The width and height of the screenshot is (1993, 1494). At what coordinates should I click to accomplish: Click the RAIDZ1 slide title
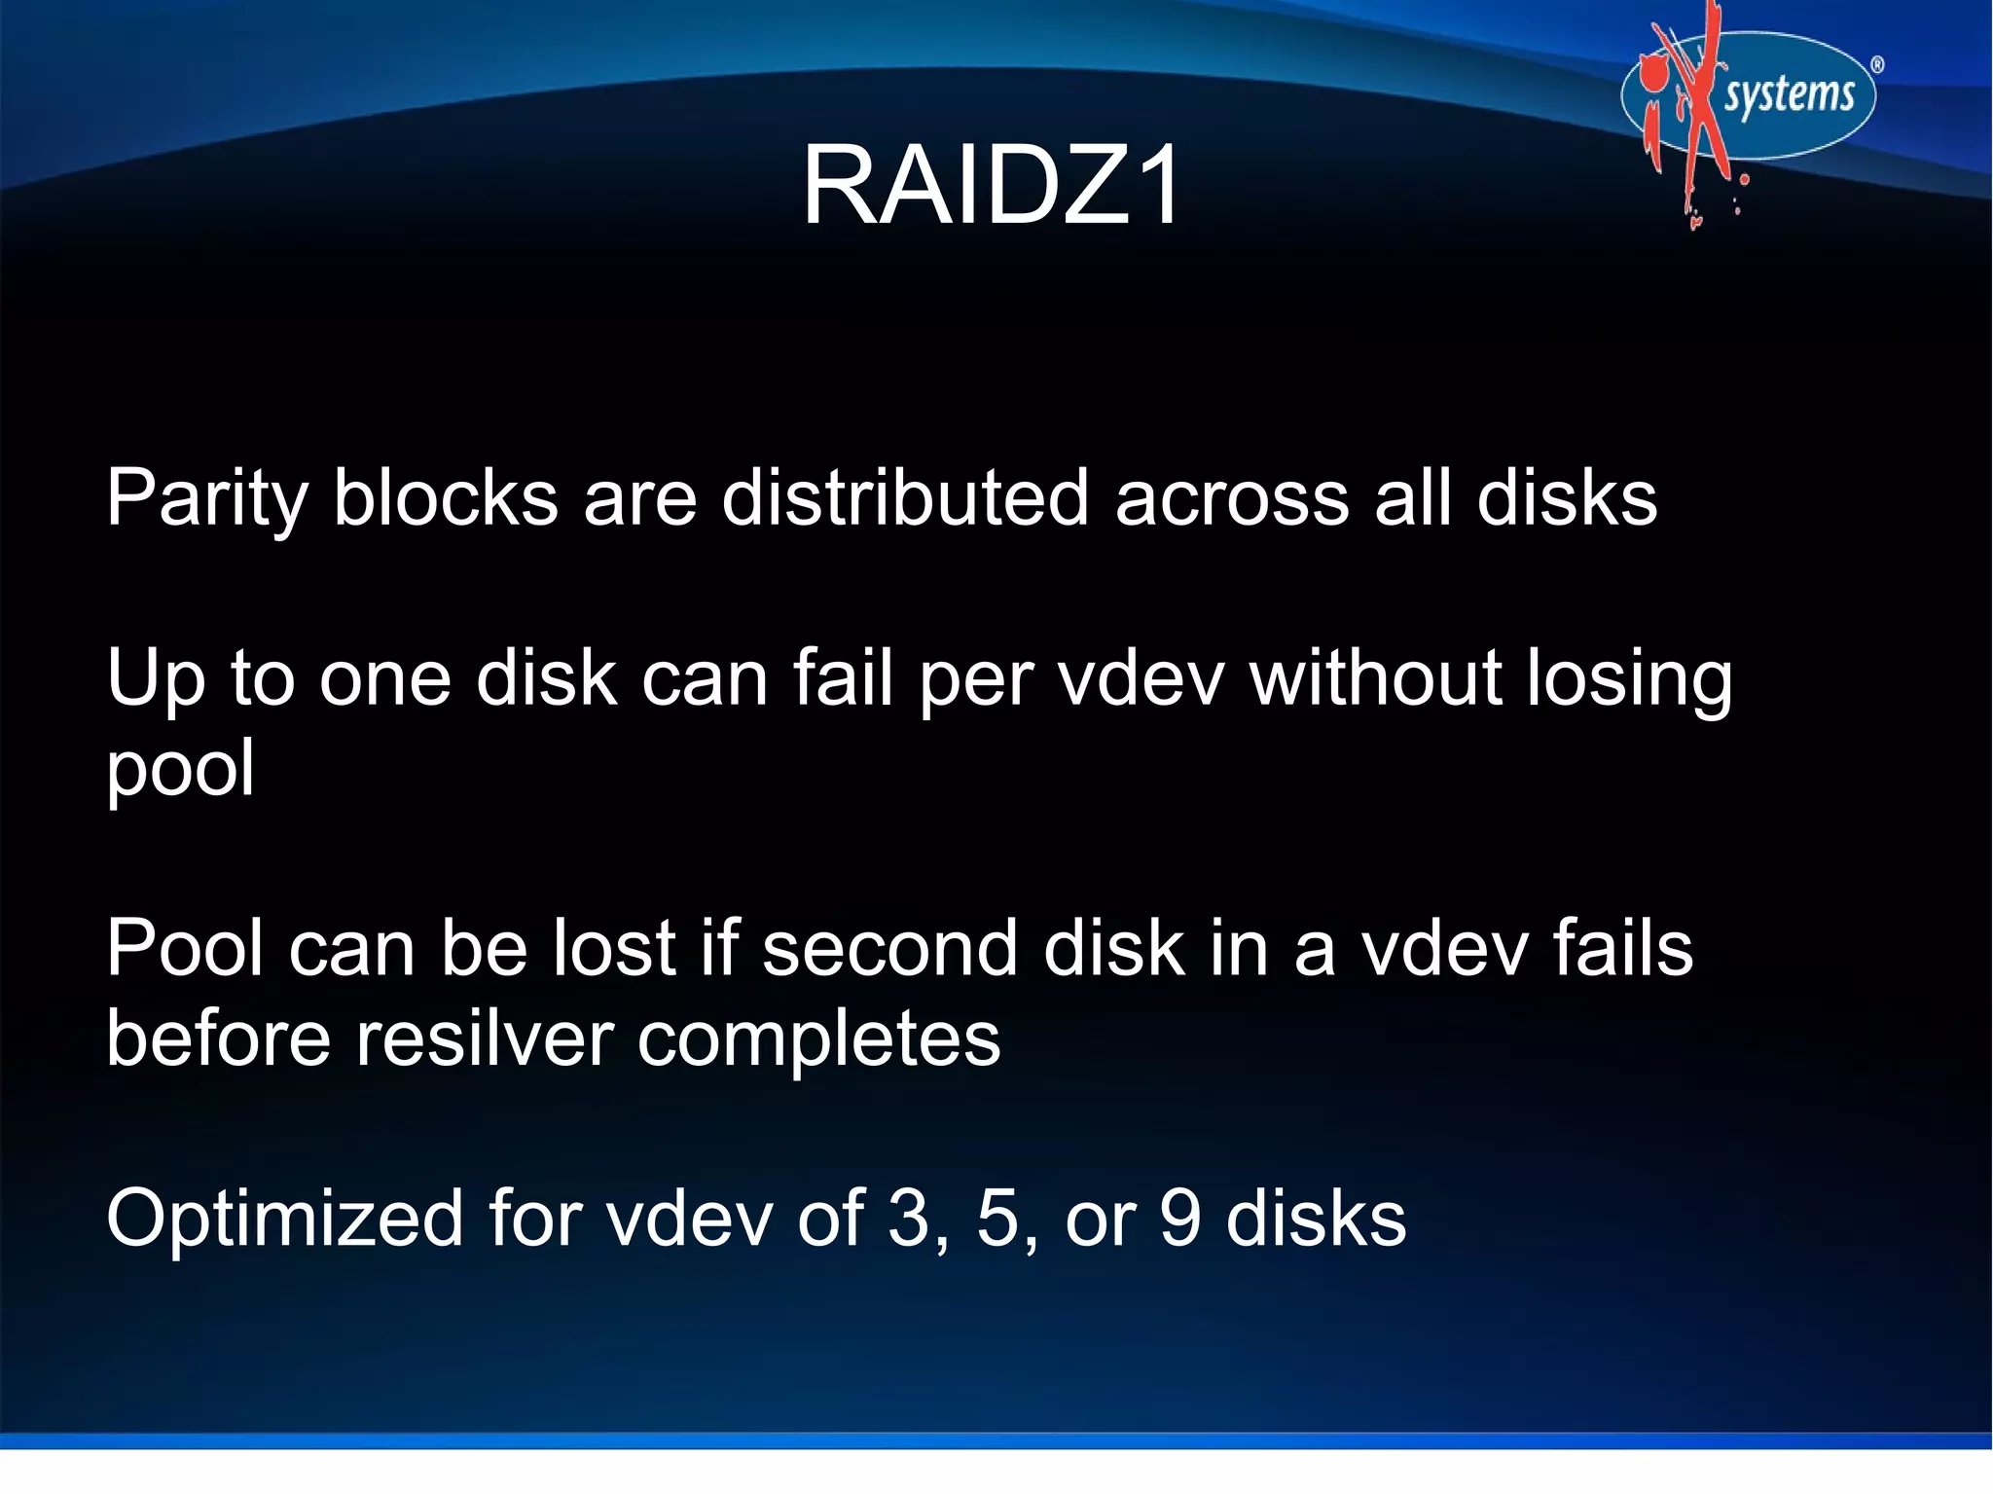991,185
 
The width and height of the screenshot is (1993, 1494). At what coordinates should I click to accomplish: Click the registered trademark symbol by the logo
1877,65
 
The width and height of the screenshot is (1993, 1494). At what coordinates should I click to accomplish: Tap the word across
1232,497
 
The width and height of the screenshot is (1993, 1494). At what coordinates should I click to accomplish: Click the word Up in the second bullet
156,679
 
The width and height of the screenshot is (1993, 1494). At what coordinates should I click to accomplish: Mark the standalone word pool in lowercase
181,769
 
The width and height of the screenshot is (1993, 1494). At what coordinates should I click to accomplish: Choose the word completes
818,1039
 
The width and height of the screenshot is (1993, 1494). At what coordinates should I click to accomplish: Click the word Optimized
284,1220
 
